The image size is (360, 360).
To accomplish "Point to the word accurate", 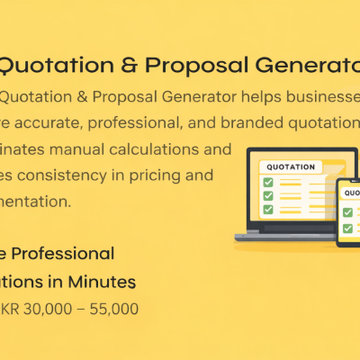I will pyautogui.click(x=50, y=123).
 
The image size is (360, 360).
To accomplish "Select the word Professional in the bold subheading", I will pyautogui.click(x=62, y=254).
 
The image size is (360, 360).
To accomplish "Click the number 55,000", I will pyautogui.click(x=112, y=309).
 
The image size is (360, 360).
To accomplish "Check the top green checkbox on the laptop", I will pyautogui.click(x=266, y=183).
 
